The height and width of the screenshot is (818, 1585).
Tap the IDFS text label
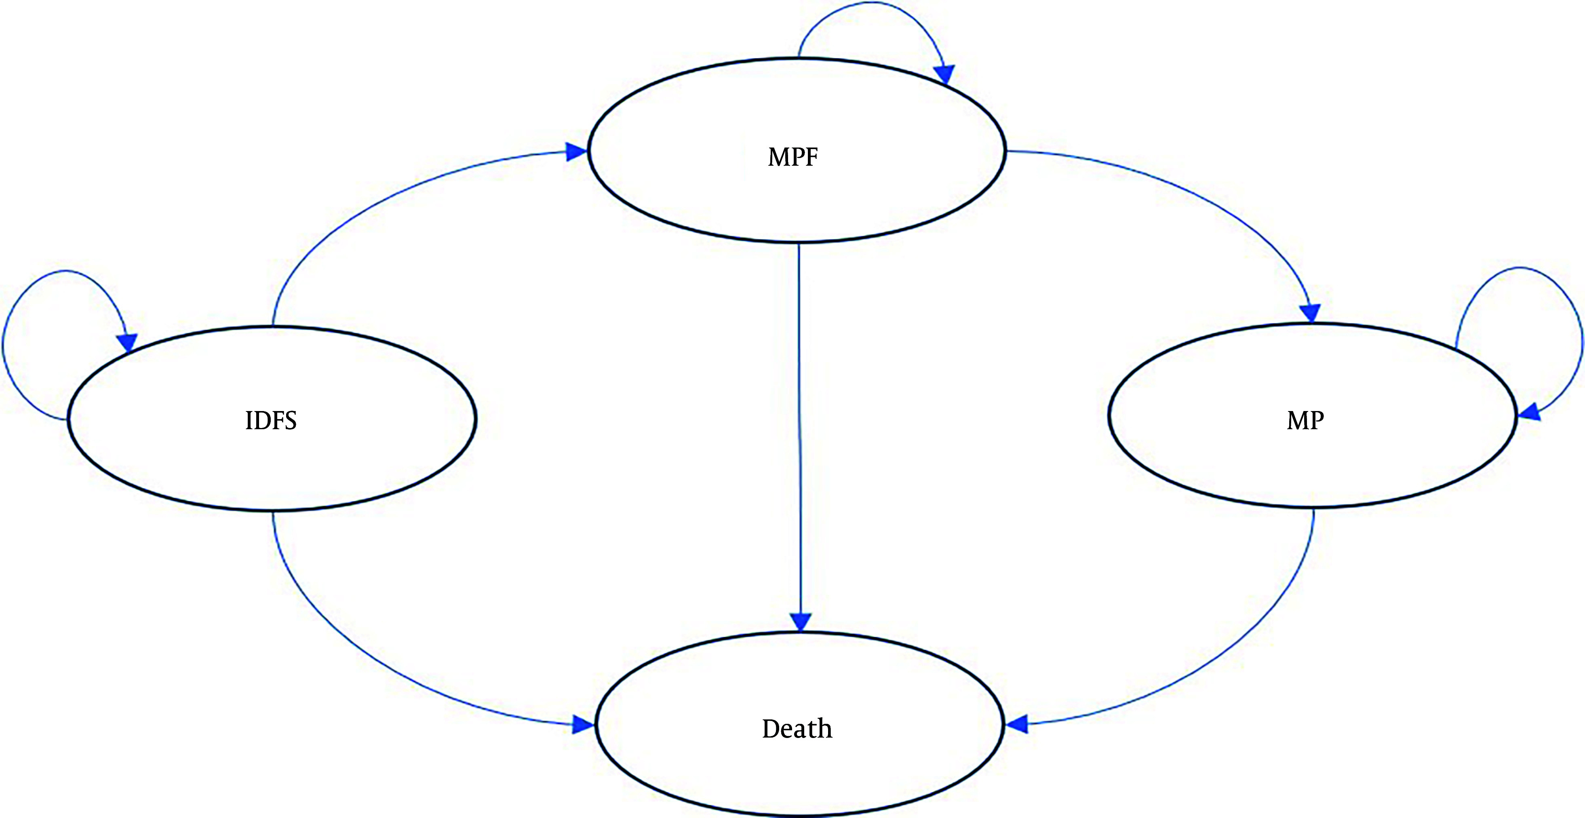[x=271, y=420]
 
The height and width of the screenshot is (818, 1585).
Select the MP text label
[x=1305, y=420]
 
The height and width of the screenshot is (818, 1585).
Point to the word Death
[x=797, y=729]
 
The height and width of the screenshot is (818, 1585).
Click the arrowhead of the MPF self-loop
[x=944, y=74]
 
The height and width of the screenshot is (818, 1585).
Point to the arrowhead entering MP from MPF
[x=1311, y=313]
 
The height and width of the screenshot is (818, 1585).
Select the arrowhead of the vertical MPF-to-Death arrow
[x=801, y=622]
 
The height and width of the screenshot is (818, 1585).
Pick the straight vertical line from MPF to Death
[x=799, y=431]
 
